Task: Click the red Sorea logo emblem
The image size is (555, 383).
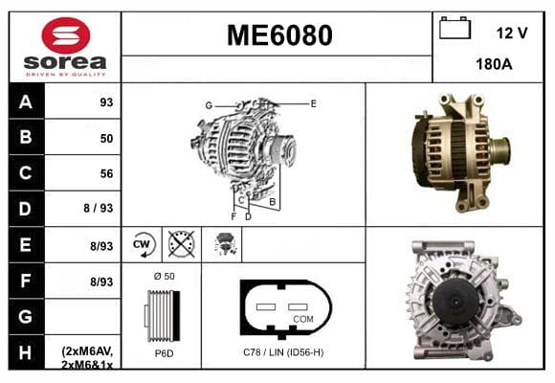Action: click(x=66, y=35)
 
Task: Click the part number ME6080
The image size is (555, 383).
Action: click(x=279, y=35)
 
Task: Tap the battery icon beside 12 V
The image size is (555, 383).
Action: click(x=455, y=28)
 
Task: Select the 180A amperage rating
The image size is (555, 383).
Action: click(x=494, y=64)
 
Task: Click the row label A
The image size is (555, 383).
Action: click(x=26, y=102)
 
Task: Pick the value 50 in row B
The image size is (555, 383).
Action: click(x=106, y=138)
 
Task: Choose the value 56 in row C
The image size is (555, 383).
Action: click(x=106, y=173)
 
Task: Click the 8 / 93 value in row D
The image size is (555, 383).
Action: click(x=99, y=208)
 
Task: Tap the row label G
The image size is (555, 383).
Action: click(x=26, y=316)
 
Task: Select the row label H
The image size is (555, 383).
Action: click(x=26, y=352)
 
